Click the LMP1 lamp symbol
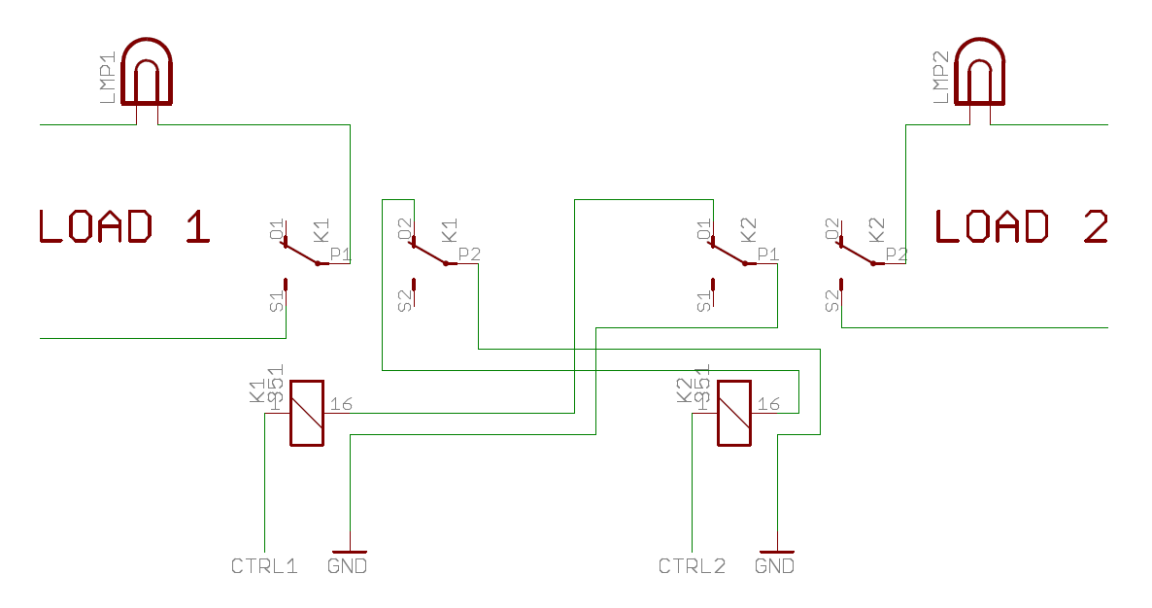pos(147,73)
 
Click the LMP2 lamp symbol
pos(980,73)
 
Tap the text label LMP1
pos(107,78)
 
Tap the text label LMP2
pos(940,78)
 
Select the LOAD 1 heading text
pos(124,226)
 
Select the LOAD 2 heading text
pos(1021,226)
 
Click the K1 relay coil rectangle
pos(307,413)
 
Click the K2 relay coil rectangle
pos(733,413)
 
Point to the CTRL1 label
pos(263,565)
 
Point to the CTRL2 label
pos(692,565)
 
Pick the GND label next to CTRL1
pos(348,565)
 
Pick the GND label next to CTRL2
pos(774,565)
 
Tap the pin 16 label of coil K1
pos(341,404)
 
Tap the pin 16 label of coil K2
pos(768,404)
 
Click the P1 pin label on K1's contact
pos(341,253)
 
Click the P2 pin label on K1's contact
pos(469,253)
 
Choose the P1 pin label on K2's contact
pos(768,253)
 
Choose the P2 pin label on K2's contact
pos(897,253)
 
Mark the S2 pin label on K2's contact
pos(831,301)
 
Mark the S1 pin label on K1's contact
pos(277,301)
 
